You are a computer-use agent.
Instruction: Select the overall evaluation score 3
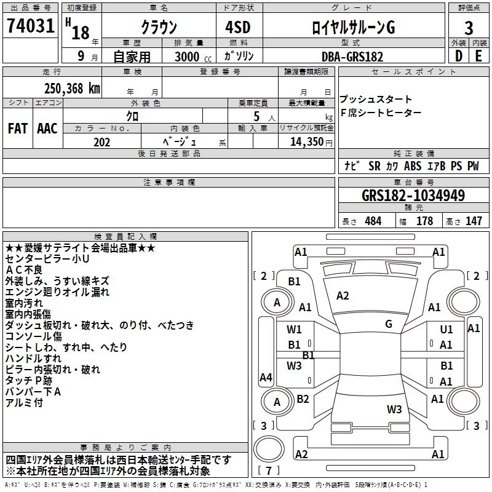[x=469, y=28]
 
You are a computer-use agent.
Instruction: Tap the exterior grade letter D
[x=458, y=55]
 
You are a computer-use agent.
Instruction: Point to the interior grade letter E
[x=479, y=55]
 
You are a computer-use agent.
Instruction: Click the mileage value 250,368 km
[x=72, y=89]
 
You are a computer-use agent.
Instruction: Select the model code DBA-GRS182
[x=352, y=57]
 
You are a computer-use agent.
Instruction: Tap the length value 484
[x=373, y=221]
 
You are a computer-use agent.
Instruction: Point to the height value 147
[x=474, y=221]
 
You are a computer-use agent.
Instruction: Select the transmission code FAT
[x=18, y=129]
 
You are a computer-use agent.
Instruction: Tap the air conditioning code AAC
[x=47, y=129]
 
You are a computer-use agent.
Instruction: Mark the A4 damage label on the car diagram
[x=266, y=378]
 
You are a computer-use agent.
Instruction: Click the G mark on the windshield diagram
[x=389, y=324]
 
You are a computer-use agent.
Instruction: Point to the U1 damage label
[x=446, y=330]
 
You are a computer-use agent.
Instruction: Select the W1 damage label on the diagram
[x=295, y=330]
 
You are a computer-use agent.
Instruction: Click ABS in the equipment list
[x=413, y=166]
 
